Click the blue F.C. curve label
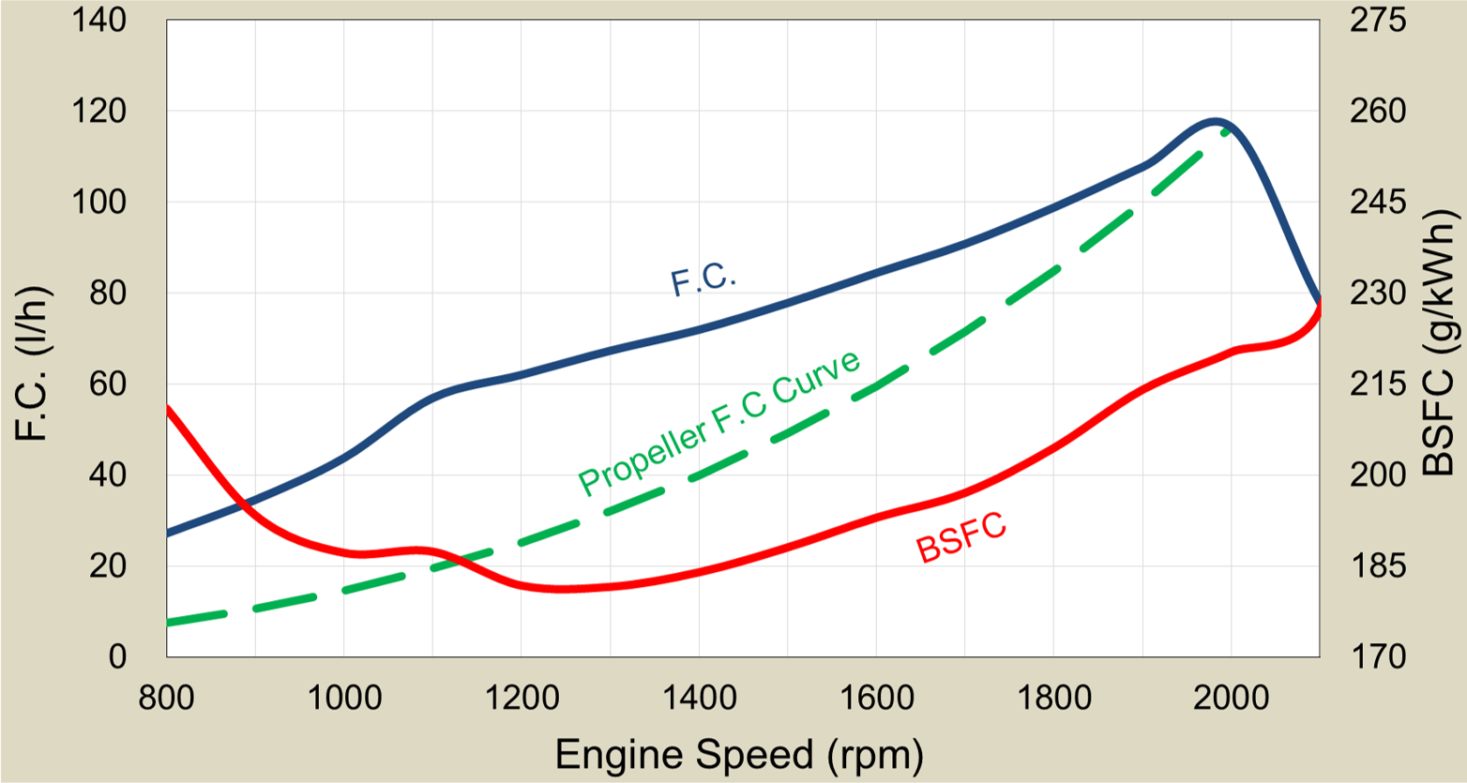click(x=703, y=279)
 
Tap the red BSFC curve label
click(x=961, y=538)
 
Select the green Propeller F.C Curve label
click(x=719, y=423)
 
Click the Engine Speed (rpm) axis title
click(x=739, y=755)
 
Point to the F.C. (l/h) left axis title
click(x=33, y=363)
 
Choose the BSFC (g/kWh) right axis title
click(x=1439, y=343)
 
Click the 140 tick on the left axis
click(x=98, y=21)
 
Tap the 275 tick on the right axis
click(x=1378, y=21)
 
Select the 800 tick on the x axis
click(x=167, y=699)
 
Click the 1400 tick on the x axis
click(x=699, y=699)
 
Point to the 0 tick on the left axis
click(x=116, y=656)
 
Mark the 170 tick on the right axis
click(x=1378, y=656)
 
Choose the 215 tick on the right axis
click(x=1378, y=384)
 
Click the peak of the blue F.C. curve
click(x=1216, y=121)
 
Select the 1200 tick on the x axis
click(x=522, y=699)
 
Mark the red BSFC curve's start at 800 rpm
click(x=168, y=408)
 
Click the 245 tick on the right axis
click(x=1378, y=202)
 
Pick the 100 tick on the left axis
click(x=98, y=202)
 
